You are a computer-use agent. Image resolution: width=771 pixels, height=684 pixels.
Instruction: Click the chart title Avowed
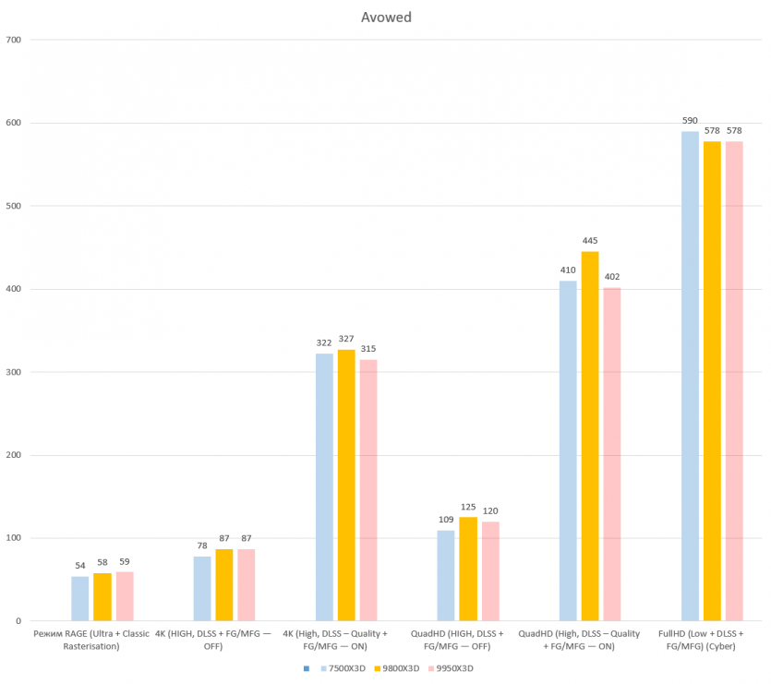pos(385,17)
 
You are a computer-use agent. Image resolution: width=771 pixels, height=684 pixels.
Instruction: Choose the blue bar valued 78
pos(202,589)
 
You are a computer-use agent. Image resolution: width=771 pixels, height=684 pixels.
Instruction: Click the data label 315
pos(368,349)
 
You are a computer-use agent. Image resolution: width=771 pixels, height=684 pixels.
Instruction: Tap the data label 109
pos(446,520)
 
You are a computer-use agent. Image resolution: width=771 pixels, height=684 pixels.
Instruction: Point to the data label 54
pos(80,566)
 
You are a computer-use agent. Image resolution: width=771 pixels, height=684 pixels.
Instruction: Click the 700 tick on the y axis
pos(13,40)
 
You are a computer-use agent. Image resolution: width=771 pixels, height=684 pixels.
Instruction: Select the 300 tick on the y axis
pos(13,372)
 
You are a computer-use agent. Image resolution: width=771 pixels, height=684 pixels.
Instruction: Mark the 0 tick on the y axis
pos(18,621)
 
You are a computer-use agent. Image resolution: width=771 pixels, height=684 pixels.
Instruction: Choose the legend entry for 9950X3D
pos(460,668)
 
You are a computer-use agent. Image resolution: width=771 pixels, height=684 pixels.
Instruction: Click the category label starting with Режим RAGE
pos(90,640)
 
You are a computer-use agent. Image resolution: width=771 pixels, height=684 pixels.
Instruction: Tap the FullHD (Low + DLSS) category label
pos(701,640)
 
